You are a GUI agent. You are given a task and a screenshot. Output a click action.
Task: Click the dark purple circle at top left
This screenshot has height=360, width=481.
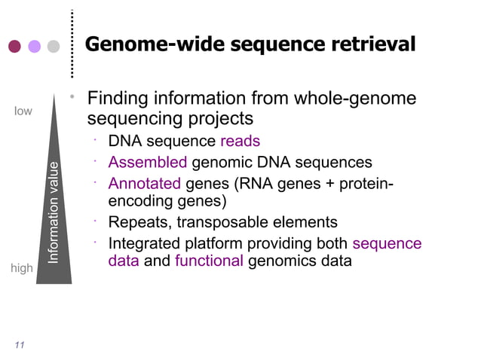(x=14, y=46)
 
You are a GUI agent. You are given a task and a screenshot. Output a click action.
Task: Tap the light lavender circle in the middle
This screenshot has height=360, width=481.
(x=34, y=46)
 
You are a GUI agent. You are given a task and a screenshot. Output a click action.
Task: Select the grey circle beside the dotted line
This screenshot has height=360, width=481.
(x=53, y=46)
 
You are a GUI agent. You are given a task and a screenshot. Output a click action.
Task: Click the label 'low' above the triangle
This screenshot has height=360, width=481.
(x=23, y=111)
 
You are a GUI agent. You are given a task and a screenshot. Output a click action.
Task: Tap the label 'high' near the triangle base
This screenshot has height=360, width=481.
(x=22, y=268)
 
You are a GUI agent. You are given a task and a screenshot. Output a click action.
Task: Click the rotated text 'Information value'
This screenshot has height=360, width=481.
(x=54, y=212)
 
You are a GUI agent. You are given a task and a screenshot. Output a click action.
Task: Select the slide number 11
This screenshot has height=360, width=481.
(x=19, y=345)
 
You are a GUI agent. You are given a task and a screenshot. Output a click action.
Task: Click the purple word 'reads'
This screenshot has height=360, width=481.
(x=240, y=142)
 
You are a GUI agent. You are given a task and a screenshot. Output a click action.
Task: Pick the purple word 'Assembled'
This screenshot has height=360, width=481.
(x=147, y=163)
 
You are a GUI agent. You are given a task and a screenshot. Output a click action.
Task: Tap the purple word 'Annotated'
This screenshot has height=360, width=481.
(x=144, y=184)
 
